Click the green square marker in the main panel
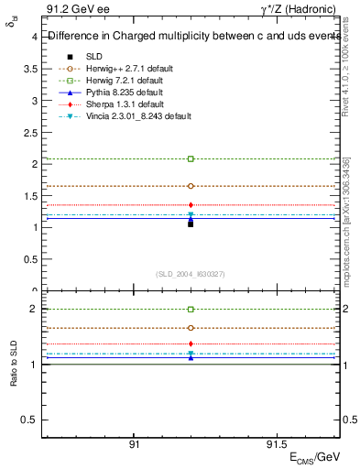click(x=191, y=159)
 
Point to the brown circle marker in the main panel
click(x=191, y=186)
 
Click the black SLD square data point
click(x=191, y=224)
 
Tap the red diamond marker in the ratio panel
click(x=191, y=344)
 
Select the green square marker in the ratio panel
click(x=191, y=310)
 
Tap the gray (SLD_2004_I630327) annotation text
click(x=191, y=274)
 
